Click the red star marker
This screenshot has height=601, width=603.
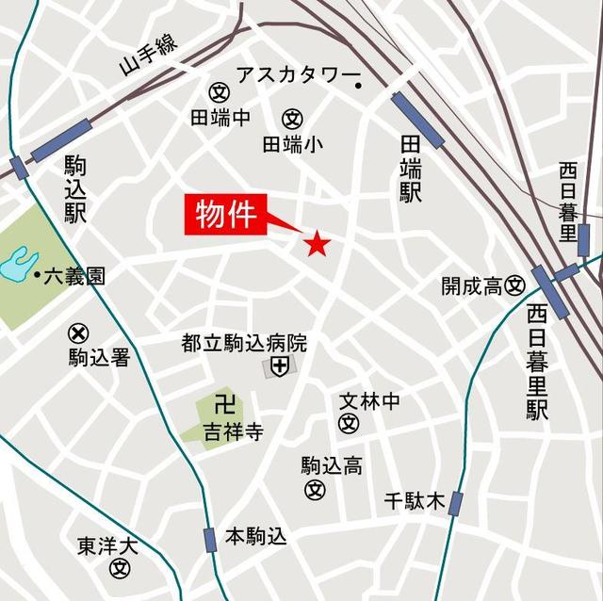(x=316, y=244)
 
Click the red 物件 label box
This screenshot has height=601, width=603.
(x=226, y=214)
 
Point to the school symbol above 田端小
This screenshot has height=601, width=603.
(x=292, y=119)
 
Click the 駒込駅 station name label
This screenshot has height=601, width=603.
(x=75, y=188)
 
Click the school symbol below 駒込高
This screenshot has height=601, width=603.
(x=315, y=490)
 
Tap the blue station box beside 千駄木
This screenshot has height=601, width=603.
(x=456, y=504)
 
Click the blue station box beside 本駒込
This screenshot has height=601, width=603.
(x=210, y=539)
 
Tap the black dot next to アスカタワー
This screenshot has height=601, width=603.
(x=359, y=87)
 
